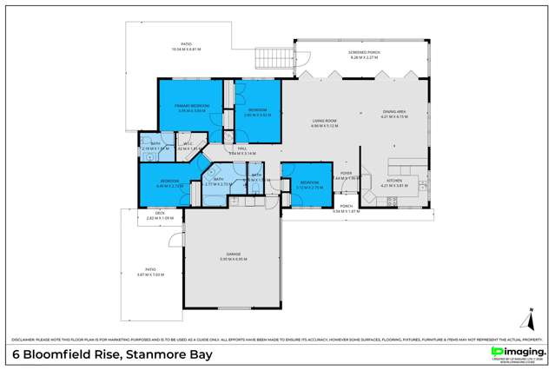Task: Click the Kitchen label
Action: point(393,180)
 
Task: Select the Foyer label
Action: point(346,173)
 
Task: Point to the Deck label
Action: point(160,213)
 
